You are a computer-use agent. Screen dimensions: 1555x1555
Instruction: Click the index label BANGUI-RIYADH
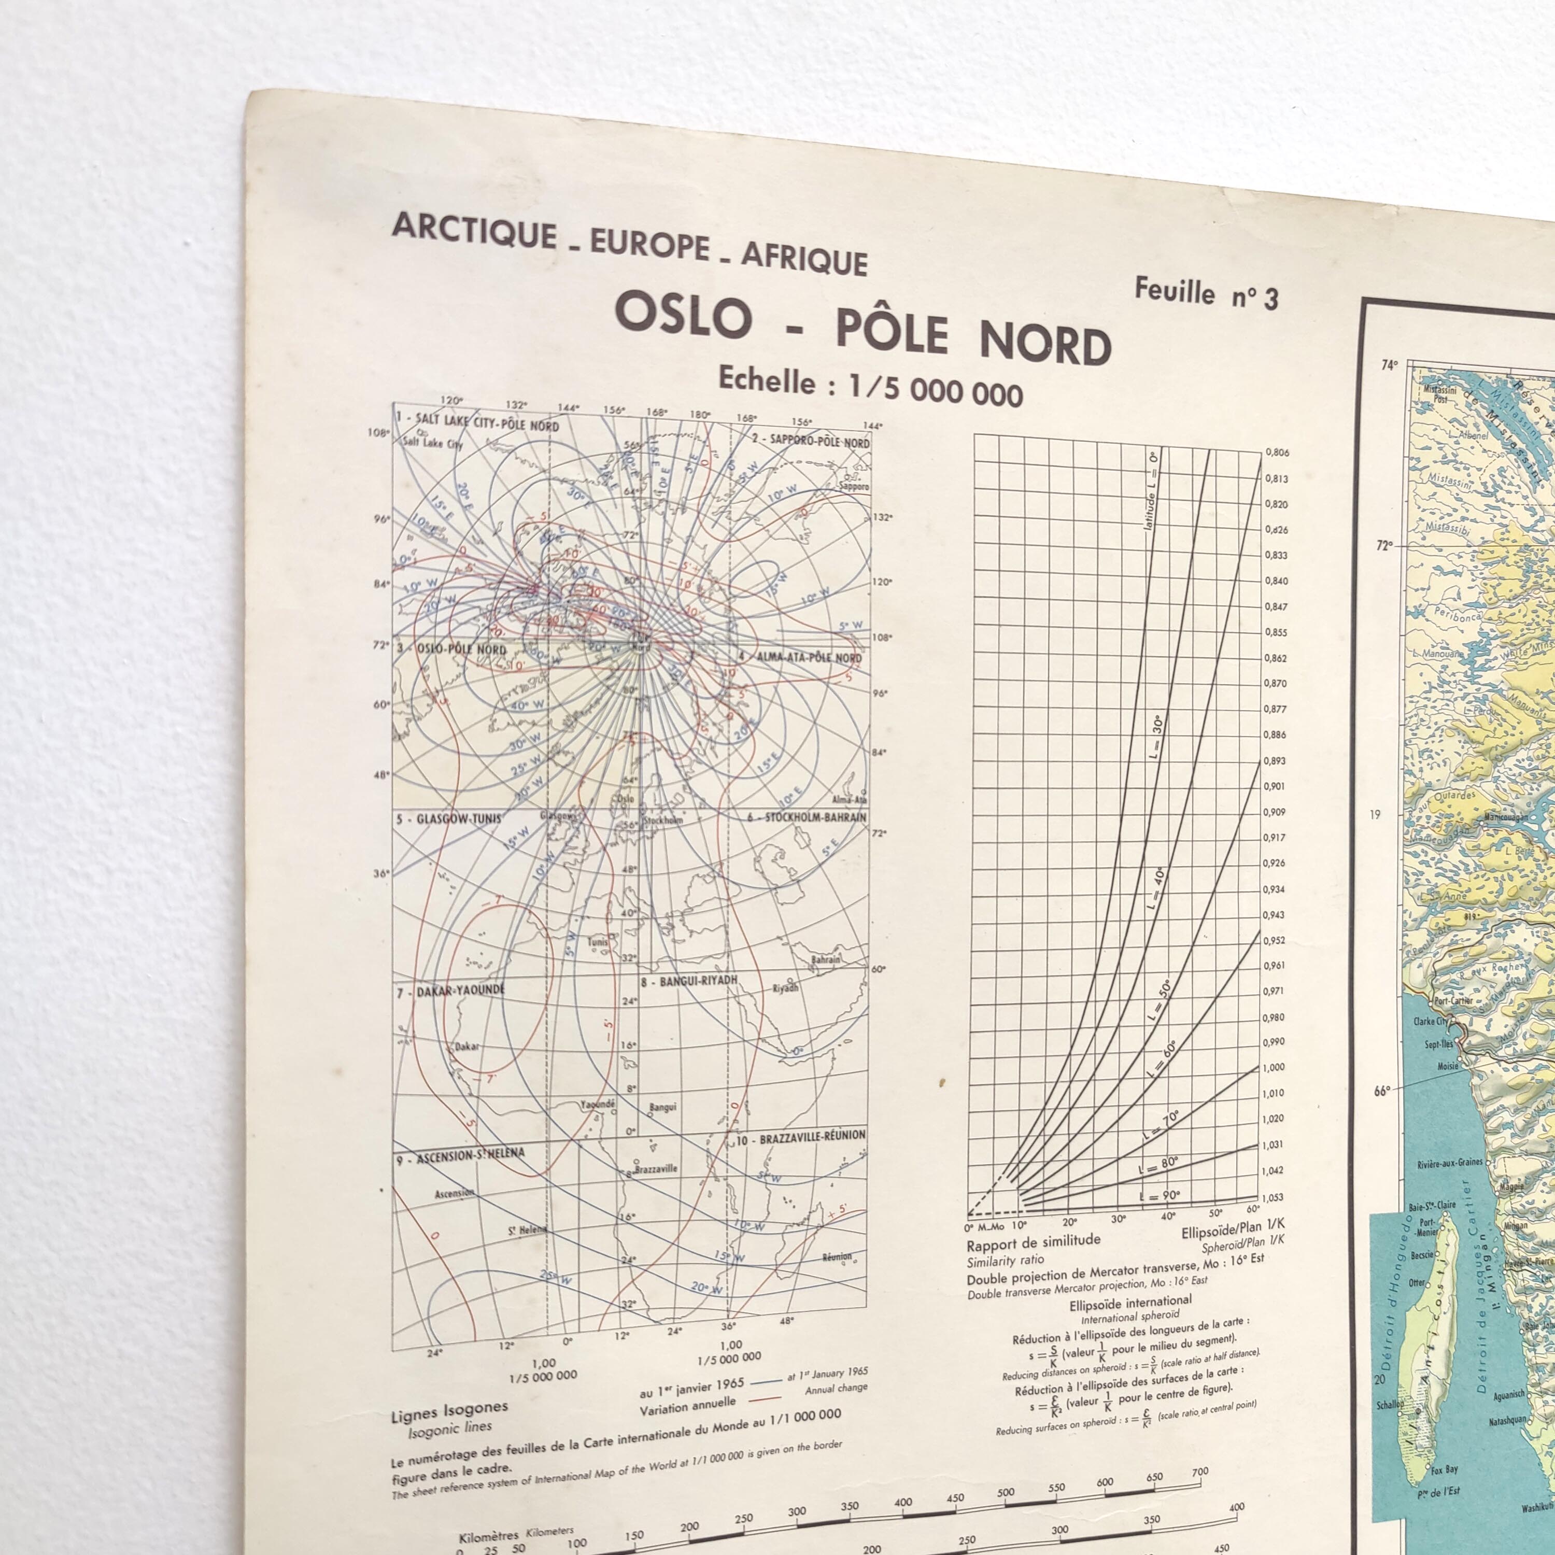point(688,982)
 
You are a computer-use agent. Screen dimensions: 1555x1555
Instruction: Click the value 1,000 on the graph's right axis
point(1274,1067)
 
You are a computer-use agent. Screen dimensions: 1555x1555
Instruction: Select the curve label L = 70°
point(1159,1124)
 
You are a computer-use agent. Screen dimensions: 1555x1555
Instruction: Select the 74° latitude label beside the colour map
point(1389,364)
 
